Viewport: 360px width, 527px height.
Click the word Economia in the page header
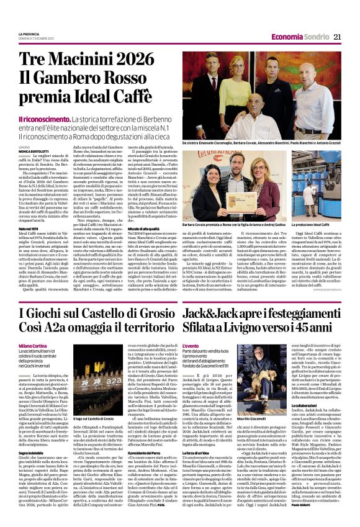[x=286, y=37]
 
